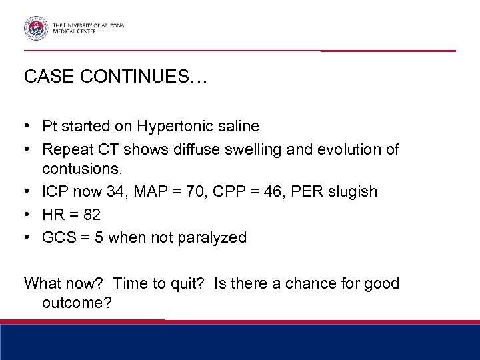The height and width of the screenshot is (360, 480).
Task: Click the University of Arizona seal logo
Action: (x=35, y=28)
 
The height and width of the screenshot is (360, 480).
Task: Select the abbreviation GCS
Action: (x=55, y=237)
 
